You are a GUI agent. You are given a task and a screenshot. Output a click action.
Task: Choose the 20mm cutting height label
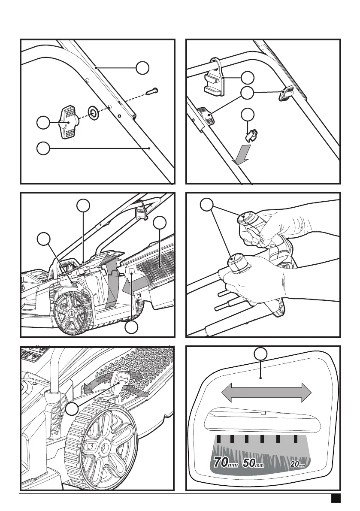pos(299,464)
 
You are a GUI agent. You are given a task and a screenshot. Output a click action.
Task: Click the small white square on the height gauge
pos(263,413)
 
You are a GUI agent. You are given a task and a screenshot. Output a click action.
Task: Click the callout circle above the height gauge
pos(259,354)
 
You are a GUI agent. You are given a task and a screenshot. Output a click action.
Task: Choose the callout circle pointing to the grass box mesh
pos(160,223)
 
